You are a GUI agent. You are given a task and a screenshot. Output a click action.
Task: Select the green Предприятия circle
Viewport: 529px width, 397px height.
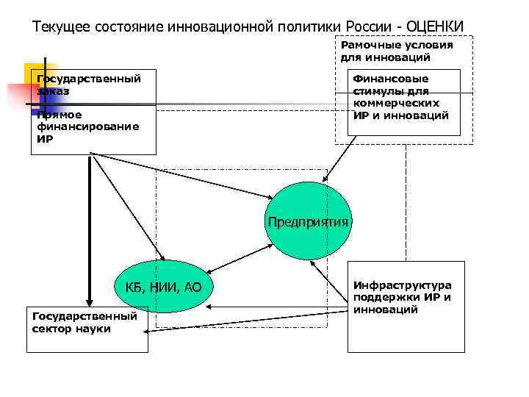click(x=308, y=221)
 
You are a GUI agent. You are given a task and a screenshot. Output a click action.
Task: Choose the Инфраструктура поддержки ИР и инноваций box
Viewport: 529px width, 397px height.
click(x=406, y=305)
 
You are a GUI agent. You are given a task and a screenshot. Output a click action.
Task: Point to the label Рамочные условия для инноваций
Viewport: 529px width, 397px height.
click(x=397, y=51)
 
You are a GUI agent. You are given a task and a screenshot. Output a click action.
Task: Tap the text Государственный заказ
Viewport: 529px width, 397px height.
click(x=88, y=85)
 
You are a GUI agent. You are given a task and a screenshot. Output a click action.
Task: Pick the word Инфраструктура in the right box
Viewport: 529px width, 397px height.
click(x=402, y=285)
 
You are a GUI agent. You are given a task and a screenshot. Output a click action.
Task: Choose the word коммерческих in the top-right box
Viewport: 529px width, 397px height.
click(x=396, y=104)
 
